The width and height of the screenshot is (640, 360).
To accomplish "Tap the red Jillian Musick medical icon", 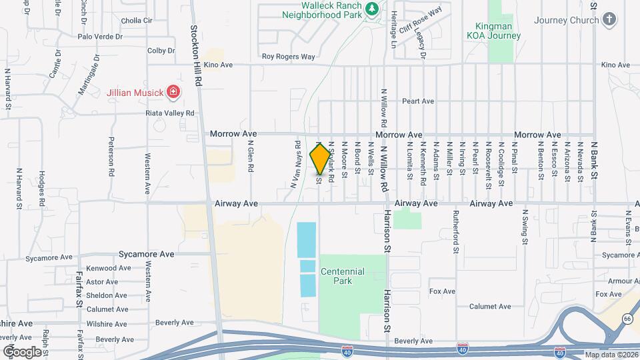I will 173,91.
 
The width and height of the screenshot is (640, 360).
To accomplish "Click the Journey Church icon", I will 609,20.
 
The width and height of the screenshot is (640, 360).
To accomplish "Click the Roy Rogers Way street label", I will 288,57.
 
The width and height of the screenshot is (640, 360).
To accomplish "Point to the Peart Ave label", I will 418,101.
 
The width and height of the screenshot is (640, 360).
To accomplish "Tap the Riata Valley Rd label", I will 169,113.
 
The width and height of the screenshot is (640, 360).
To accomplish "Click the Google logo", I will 22,351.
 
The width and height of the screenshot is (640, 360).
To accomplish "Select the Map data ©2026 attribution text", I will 609,355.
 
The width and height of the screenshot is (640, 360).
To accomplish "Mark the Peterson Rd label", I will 111,157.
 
